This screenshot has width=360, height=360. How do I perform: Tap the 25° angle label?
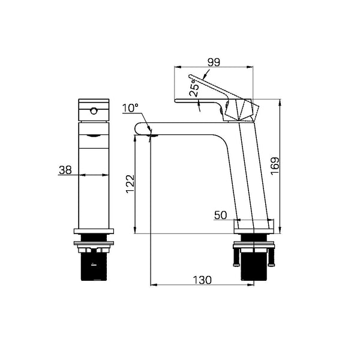click(x=194, y=90)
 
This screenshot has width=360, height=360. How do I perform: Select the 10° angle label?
click(x=130, y=109)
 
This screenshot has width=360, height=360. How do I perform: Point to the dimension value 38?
click(x=65, y=170)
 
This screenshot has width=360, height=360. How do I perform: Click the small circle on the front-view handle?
click(x=93, y=110)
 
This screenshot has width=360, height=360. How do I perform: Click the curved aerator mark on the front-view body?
click(x=93, y=137)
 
